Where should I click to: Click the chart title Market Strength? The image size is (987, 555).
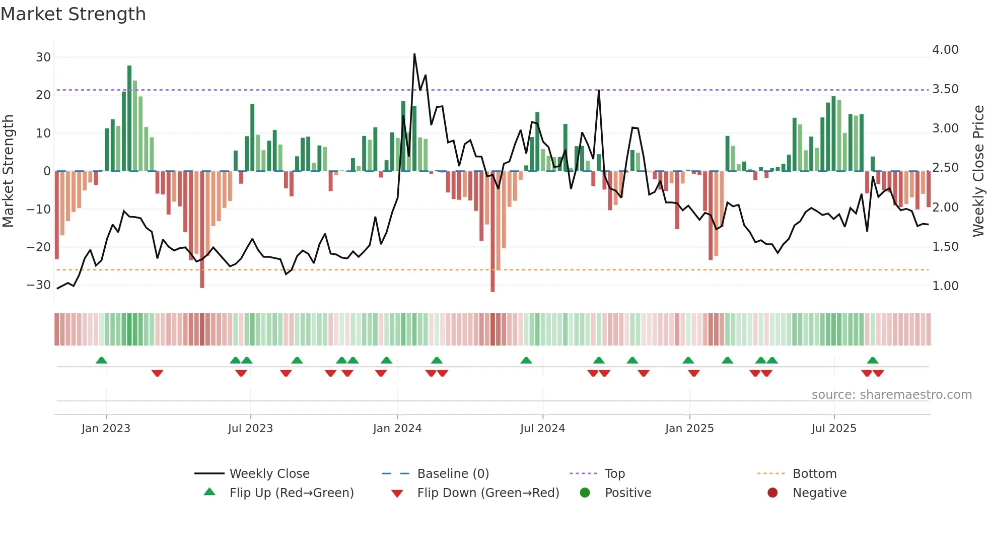click(x=73, y=14)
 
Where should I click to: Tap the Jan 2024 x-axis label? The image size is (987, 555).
click(x=397, y=429)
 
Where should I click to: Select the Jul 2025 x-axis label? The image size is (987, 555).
click(x=833, y=429)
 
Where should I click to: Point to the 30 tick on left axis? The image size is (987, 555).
click(x=43, y=57)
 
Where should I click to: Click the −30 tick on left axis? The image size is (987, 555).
click(x=39, y=285)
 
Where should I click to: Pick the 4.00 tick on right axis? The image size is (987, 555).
click(x=945, y=50)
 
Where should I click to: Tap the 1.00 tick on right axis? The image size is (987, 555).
click(x=945, y=286)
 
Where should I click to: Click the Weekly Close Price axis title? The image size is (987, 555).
click(x=978, y=171)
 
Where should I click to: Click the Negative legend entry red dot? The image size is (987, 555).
click(x=772, y=493)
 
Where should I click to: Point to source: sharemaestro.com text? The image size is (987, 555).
click(x=891, y=395)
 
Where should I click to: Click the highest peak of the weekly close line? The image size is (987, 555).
click(x=414, y=54)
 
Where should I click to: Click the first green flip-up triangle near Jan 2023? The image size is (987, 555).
click(x=101, y=360)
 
